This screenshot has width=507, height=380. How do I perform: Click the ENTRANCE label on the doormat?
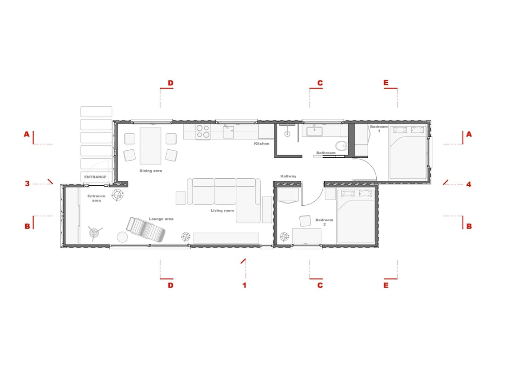96,177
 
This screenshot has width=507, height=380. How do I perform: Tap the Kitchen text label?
262,144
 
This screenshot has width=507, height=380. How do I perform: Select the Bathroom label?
326,153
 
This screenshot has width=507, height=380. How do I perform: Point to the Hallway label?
288,176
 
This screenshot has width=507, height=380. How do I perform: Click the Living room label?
222,210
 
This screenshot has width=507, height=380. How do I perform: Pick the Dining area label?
151,171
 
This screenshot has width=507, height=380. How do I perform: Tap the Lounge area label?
161,219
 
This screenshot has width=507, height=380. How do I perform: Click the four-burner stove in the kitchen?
203,132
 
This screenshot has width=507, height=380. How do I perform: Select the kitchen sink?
228,132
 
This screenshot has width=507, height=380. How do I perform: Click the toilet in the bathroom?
342,145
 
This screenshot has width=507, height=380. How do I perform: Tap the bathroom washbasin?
315,131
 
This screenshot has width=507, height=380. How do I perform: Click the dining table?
150,146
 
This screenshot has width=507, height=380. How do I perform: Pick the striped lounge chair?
145,230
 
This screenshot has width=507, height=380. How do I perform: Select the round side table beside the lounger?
122,236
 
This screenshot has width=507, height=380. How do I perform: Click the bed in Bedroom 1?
408,152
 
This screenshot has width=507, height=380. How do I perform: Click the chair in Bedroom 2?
305,221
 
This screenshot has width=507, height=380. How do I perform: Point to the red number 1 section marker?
244,285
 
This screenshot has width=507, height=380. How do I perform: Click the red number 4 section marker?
468,184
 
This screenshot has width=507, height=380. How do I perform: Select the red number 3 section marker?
27,183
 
